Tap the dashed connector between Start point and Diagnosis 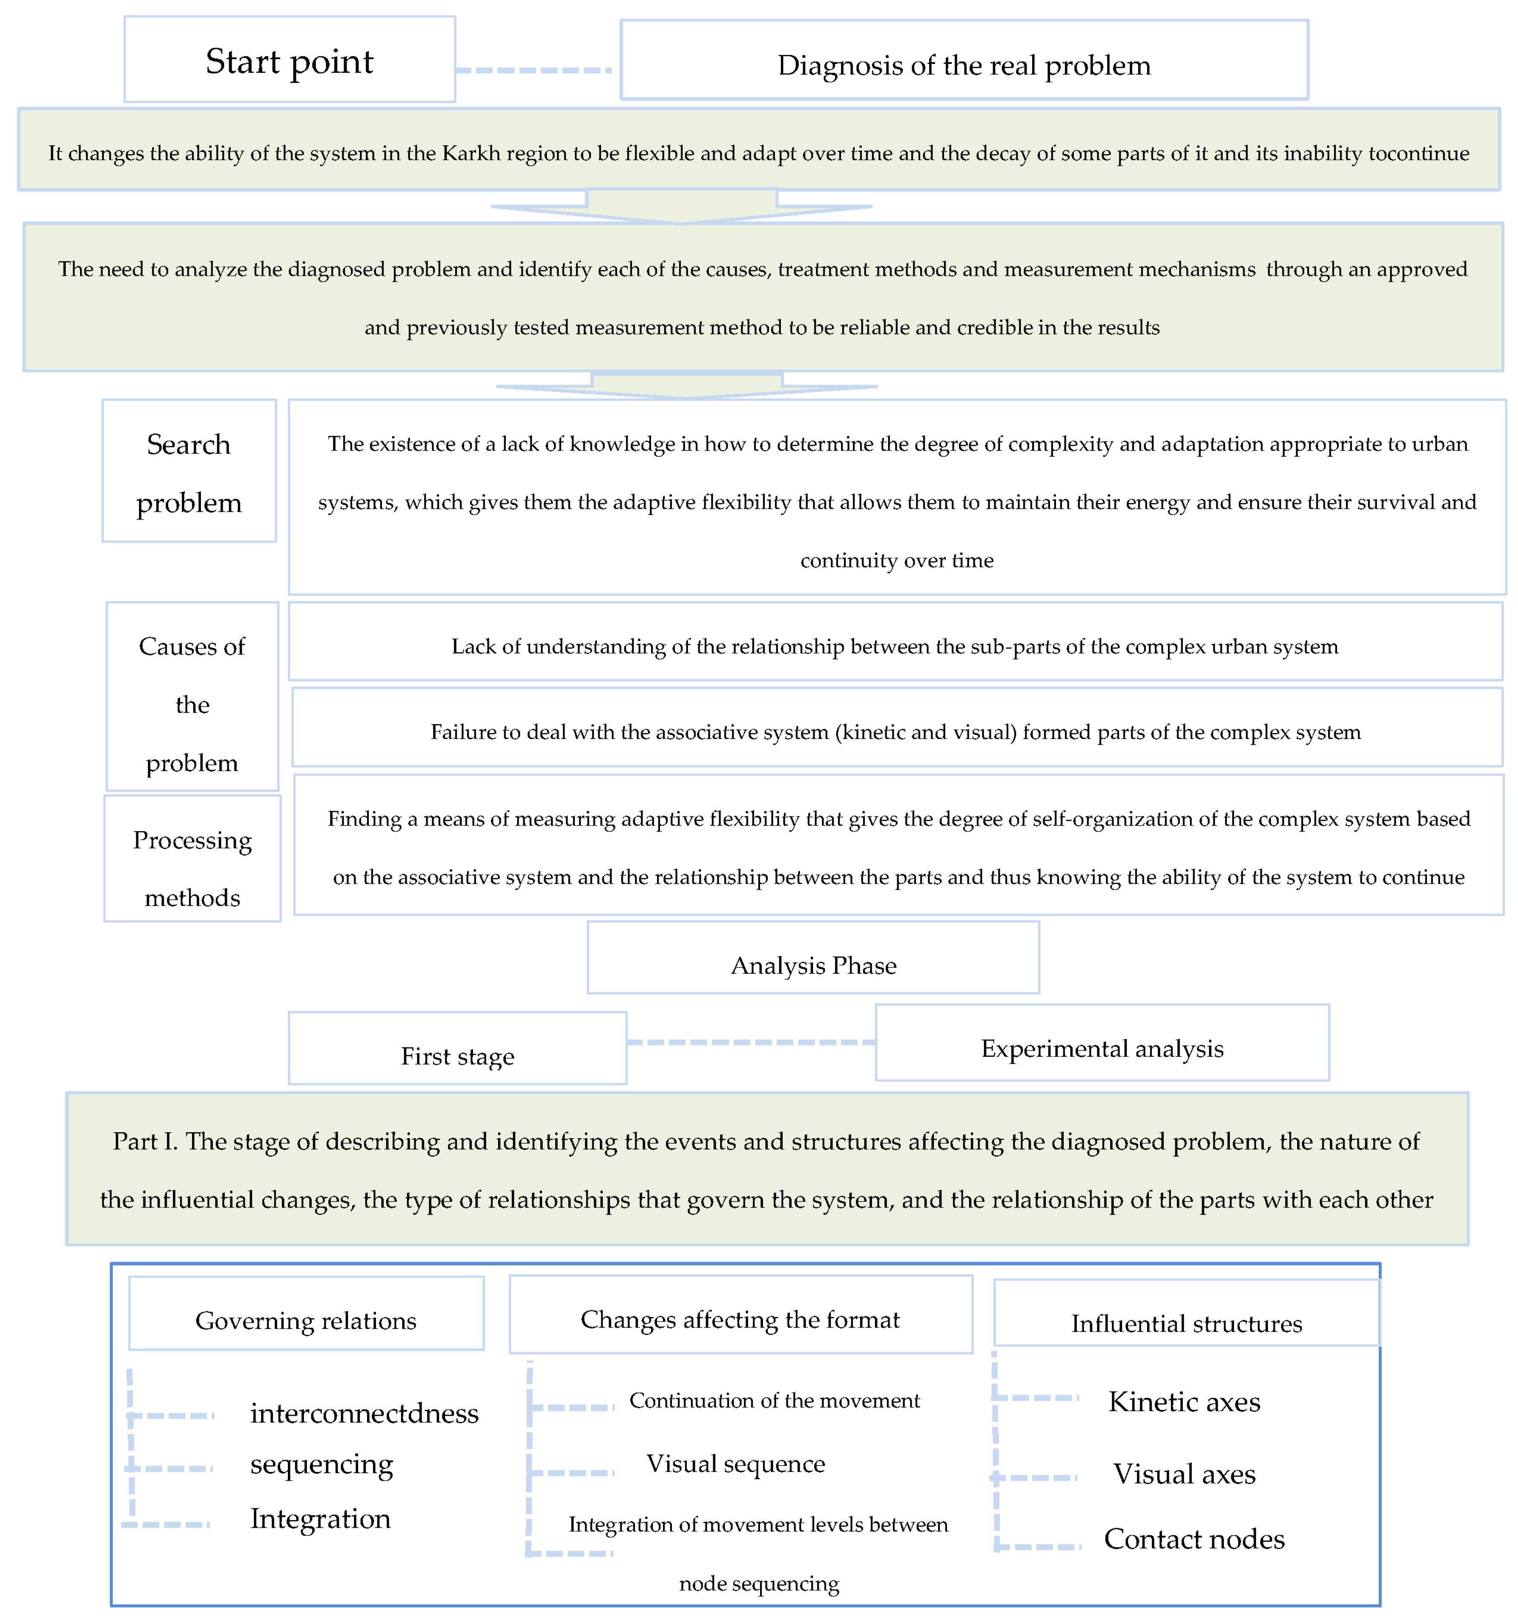click(x=534, y=70)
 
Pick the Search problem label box click(x=189, y=471)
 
